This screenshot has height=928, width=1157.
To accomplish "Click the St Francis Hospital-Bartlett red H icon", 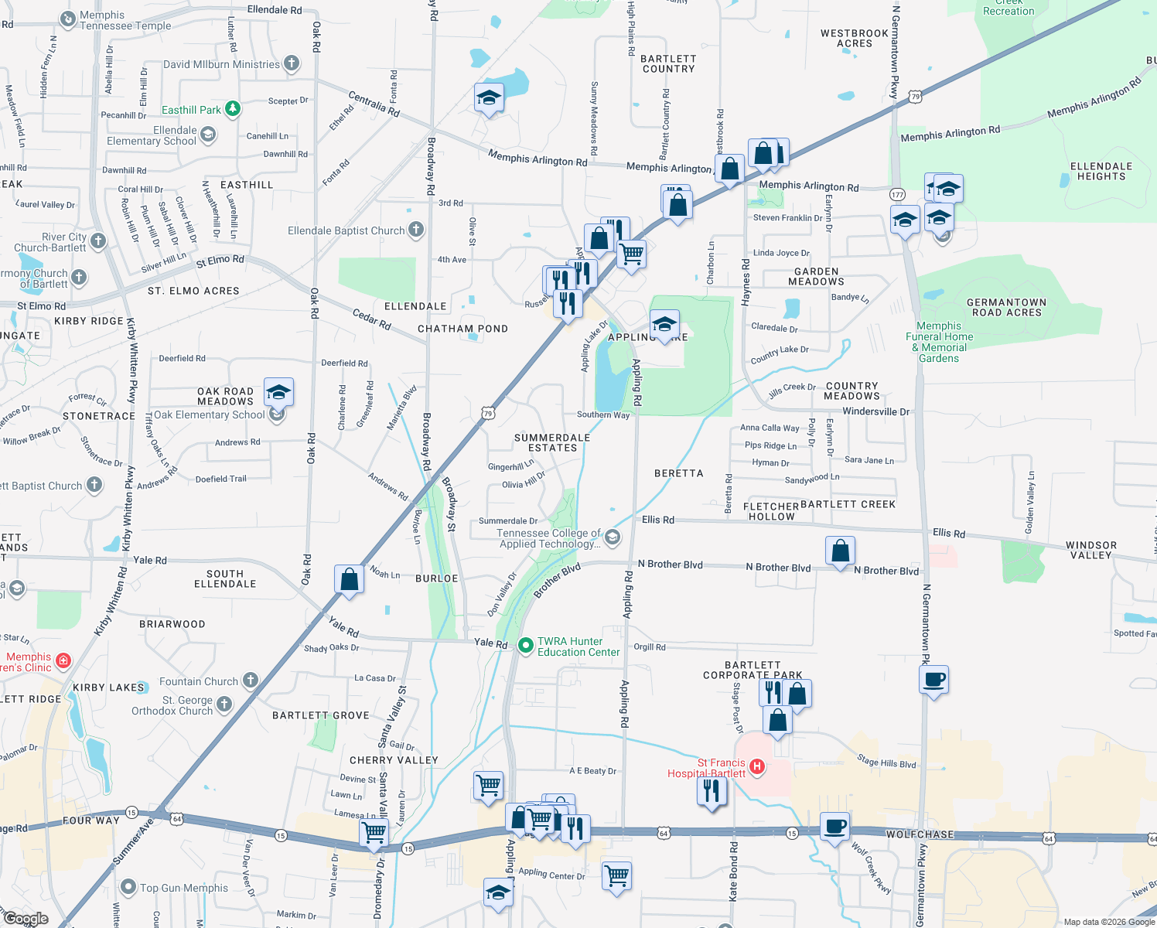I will click(x=757, y=766).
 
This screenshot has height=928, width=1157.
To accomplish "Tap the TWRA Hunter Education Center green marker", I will click(x=526, y=645).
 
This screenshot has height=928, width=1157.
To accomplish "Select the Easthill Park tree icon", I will click(x=233, y=109).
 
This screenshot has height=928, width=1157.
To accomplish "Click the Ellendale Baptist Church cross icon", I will click(x=416, y=230).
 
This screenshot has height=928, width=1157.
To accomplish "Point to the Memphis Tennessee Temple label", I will click(x=125, y=20).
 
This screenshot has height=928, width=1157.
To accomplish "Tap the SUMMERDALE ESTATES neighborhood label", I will click(x=552, y=442).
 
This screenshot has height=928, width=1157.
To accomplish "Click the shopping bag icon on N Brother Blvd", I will click(x=840, y=551).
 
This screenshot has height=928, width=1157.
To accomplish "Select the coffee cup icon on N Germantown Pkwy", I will click(x=934, y=680).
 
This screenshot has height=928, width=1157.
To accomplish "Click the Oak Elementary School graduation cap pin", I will click(x=278, y=392).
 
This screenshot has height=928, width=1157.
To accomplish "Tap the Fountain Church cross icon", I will click(x=250, y=681).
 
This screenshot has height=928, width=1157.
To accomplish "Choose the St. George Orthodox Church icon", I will click(x=224, y=704).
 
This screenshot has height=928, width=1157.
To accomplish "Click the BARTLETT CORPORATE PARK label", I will click(x=753, y=670).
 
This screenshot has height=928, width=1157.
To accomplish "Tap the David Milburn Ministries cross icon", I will click(x=292, y=63).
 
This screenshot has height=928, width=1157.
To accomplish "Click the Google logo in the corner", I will click(x=26, y=919).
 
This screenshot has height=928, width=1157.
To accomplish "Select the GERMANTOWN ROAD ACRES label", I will click(x=1006, y=307).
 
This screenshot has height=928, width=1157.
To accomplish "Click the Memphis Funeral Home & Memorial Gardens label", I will click(x=939, y=342).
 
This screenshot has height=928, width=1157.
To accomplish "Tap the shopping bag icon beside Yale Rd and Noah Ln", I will click(x=350, y=579).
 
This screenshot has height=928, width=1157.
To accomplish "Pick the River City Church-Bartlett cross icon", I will click(x=97, y=241).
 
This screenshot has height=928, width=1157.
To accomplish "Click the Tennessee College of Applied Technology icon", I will click(x=613, y=537).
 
